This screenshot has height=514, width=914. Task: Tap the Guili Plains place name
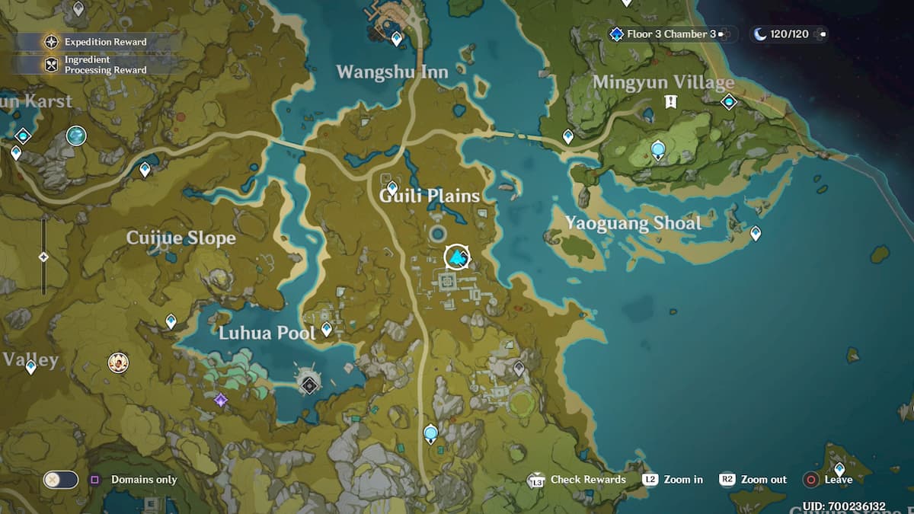coord(430,196)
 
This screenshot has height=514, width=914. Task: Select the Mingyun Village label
coord(663,82)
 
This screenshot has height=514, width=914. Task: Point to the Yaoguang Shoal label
coord(633,223)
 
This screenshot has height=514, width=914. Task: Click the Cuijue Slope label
coord(181,238)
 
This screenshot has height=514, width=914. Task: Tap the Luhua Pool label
coord(267,333)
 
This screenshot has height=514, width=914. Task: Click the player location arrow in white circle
coord(457,257)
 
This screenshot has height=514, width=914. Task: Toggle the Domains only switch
coord(61,480)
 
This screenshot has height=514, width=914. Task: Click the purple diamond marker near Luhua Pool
coord(221,399)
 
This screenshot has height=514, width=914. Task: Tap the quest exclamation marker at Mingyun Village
coord(670,101)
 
